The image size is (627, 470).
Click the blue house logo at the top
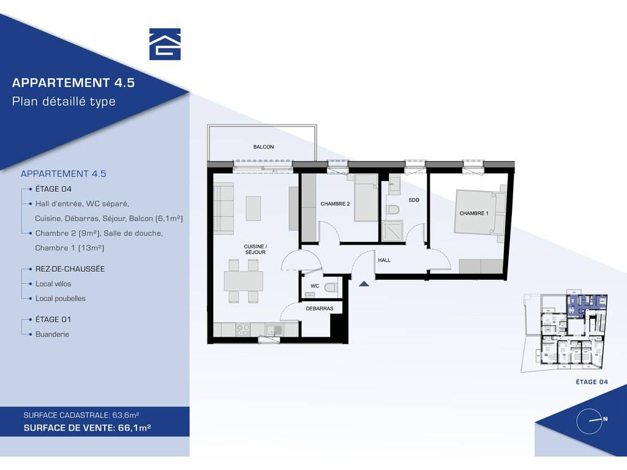pyautogui.click(x=165, y=44)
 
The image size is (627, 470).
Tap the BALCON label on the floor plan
pyautogui.click(x=263, y=147)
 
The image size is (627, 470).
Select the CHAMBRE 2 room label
pyautogui.click(x=335, y=204)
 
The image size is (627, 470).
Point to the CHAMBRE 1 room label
pyautogui.click(x=474, y=214)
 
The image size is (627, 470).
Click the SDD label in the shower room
pyautogui.click(x=414, y=200)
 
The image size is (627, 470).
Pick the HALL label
pyautogui.click(x=385, y=260)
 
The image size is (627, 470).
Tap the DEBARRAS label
pyautogui.click(x=320, y=308)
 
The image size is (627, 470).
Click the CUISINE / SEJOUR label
pyautogui.click(x=255, y=250)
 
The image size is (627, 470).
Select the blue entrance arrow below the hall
pyautogui.click(x=364, y=284)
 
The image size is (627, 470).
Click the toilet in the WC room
pyautogui.click(x=331, y=287)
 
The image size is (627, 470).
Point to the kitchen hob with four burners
pyautogui.click(x=242, y=330)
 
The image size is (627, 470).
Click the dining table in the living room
pyautogui.click(x=244, y=281)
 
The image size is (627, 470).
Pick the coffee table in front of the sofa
pyautogui.click(x=253, y=208)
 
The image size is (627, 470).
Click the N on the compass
pyautogui.click(x=606, y=419)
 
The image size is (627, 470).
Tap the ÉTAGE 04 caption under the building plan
pyautogui.click(x=592, y=382)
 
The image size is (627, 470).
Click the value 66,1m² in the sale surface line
pyautogui.click(x=134, y=428)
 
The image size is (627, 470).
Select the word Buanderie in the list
pyautogui.click(x=52, y=334)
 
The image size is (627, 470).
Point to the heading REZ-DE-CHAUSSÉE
pyautogui.click(x=70, y=269)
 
